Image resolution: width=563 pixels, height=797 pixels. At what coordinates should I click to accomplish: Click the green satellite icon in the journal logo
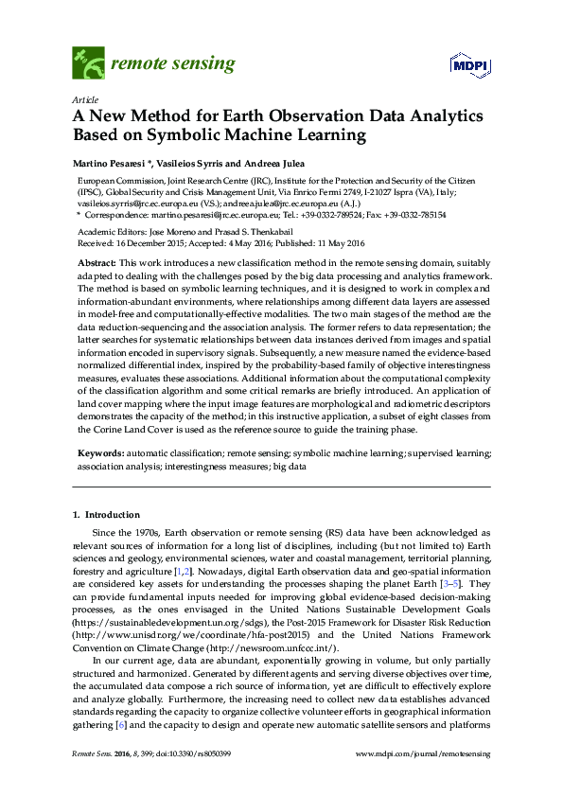click(88, 63)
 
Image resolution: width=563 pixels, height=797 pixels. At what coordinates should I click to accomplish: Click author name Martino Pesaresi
click(108, 161)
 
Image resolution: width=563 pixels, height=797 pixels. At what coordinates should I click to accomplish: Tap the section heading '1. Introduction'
click(106, 515)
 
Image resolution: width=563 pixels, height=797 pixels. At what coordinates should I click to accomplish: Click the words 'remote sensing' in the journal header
click(173, 64)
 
